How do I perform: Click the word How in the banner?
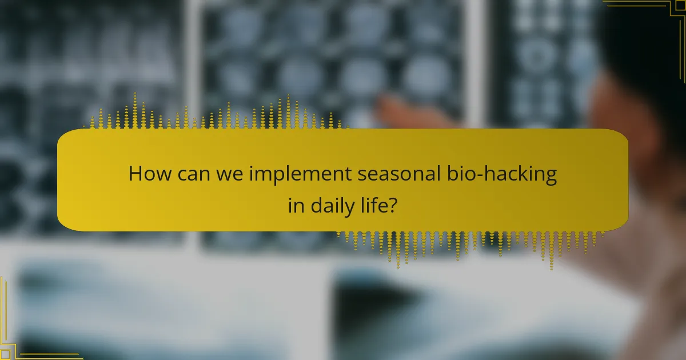[x=147, y=174]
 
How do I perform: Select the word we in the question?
[x=228, y=174]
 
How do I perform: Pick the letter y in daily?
[x=349, y=208]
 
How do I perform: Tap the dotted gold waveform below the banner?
[x=469, y=245]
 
